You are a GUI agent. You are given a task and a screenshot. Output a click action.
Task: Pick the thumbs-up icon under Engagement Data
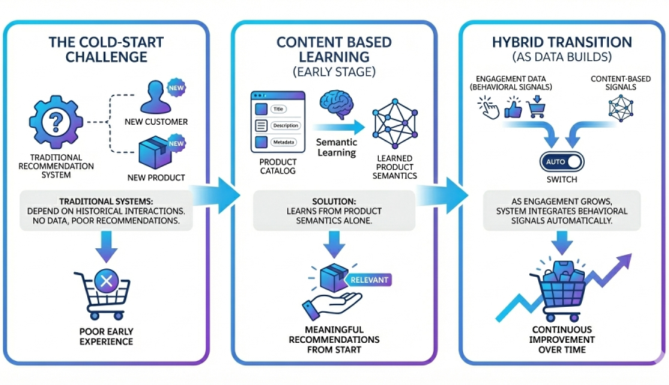[513, 110]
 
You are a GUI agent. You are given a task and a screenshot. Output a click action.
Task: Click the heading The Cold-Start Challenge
[104, 50]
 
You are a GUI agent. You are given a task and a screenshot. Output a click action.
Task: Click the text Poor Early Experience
[105, 335]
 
